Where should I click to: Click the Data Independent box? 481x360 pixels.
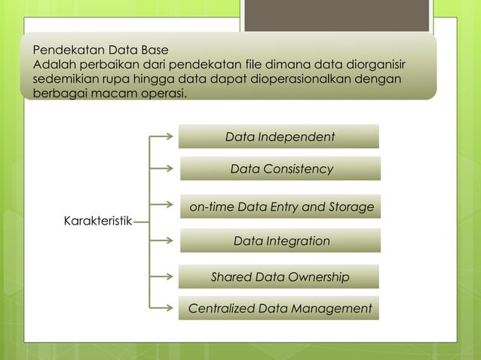279,137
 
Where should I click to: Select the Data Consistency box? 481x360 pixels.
280,169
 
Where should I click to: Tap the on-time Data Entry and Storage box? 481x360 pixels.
280,206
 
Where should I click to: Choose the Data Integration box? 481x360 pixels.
280,241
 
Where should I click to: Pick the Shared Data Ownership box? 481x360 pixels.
279,277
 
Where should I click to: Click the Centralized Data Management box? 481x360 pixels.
279,309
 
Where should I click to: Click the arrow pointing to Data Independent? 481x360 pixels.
161,137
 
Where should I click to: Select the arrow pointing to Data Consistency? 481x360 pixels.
161,169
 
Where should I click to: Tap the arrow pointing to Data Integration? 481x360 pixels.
161,241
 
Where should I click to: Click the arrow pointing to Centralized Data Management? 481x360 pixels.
161,307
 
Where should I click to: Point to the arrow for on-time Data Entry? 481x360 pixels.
161,203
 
